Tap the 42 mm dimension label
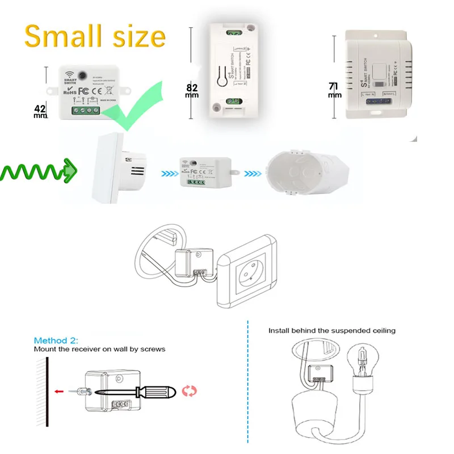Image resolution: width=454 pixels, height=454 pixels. [x=40, y=111]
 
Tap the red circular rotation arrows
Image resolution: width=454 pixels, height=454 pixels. [x=188, y=390]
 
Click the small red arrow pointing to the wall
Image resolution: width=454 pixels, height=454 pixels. [x=58, y=390]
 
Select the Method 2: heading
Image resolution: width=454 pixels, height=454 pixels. [x=55, y=340]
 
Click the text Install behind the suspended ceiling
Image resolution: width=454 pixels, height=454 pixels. [x=332, y=330]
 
